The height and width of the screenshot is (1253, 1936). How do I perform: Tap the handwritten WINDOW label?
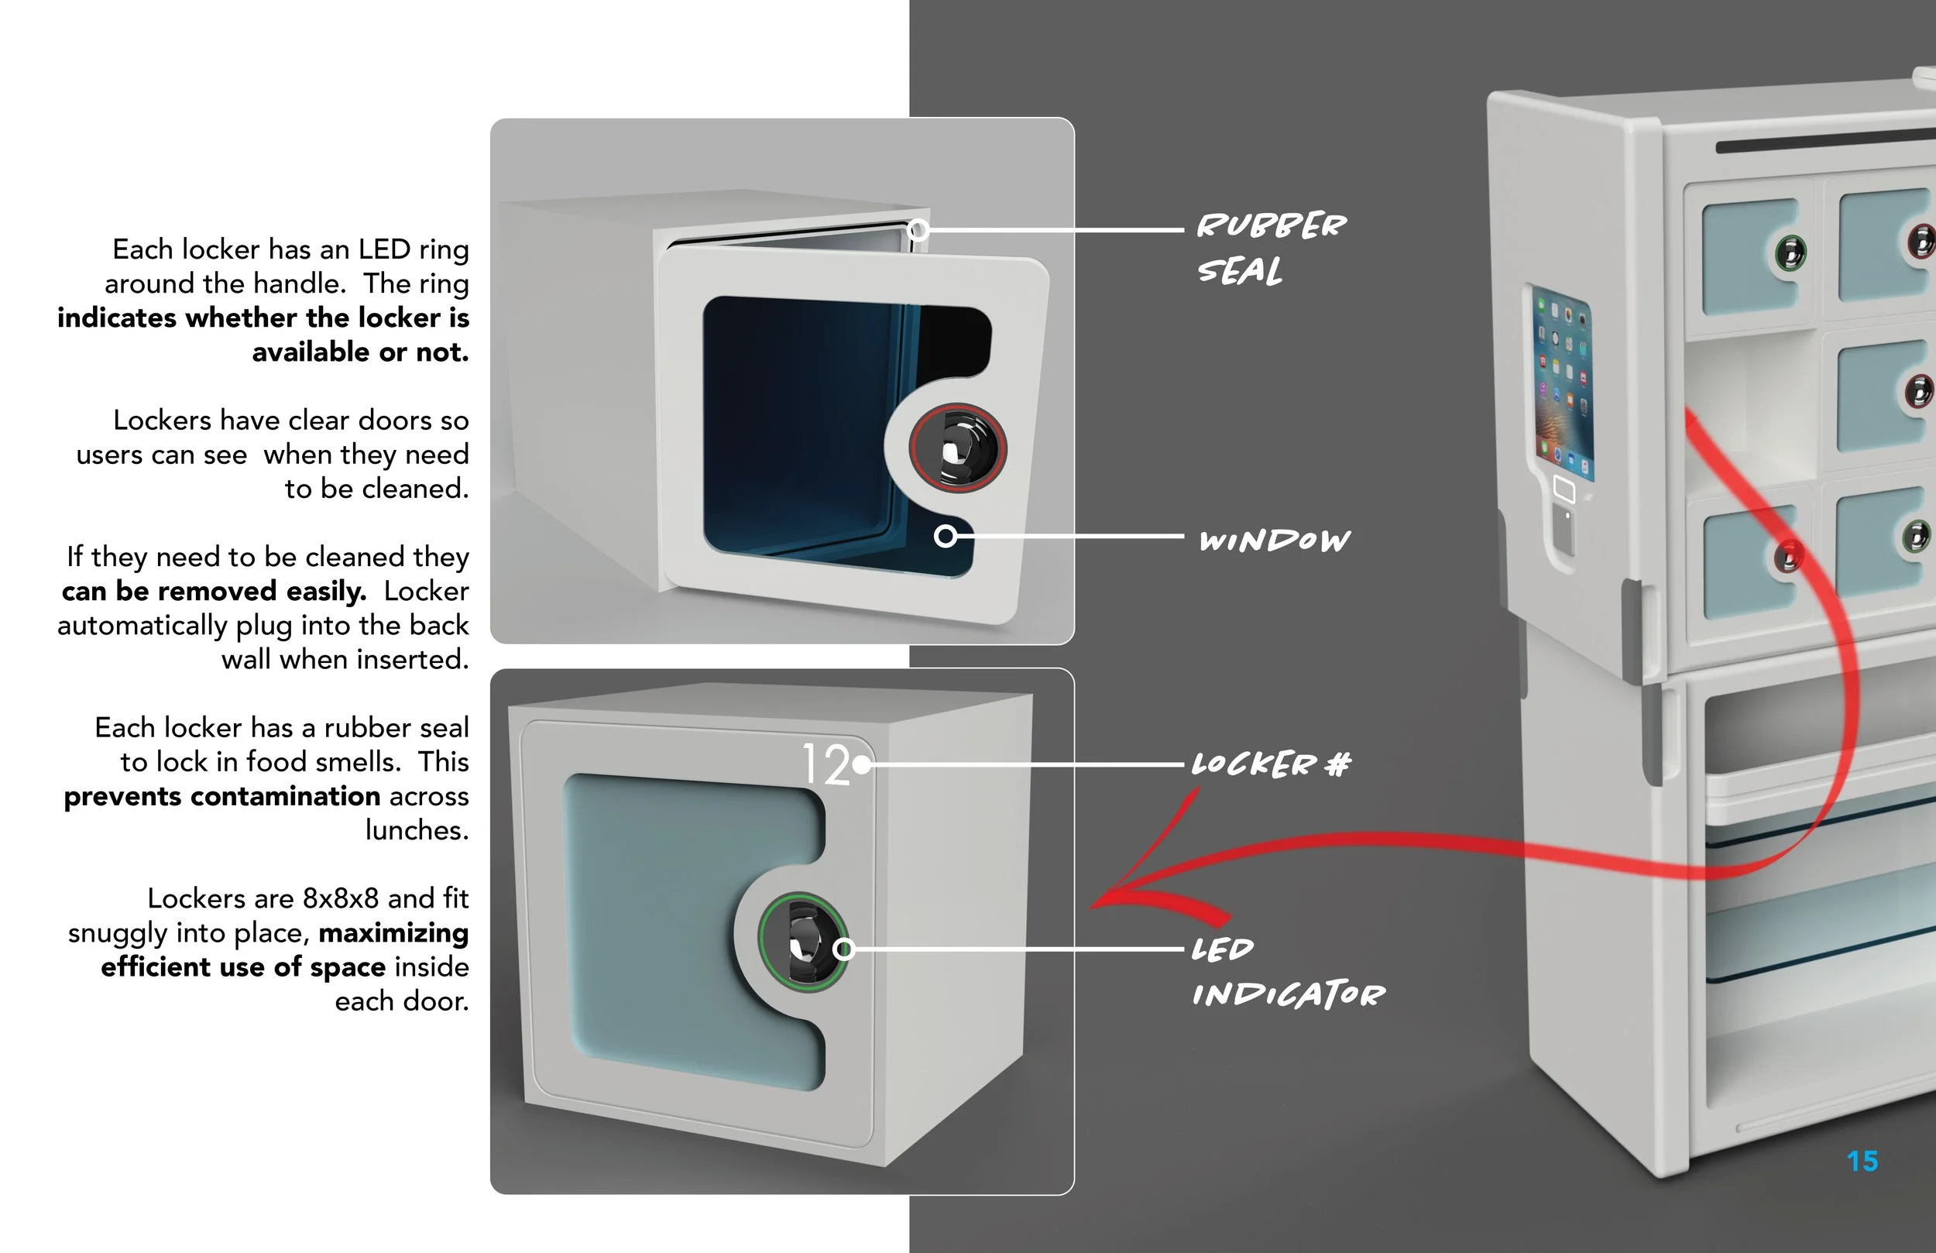[x=1274, y=541]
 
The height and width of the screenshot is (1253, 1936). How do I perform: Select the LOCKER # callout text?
[x=1270, y=764]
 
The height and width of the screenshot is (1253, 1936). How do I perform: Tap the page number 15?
[x=1861, y=1161]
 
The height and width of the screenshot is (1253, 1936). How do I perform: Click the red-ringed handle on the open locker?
[x=957, y=448]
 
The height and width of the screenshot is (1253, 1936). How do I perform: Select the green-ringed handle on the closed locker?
[x=804, y=942]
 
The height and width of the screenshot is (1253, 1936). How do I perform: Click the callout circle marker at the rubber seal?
[x=918, y=230]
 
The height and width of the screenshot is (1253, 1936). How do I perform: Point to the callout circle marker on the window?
[x=945, y=536]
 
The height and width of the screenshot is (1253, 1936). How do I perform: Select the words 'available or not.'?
[x=359, y=352]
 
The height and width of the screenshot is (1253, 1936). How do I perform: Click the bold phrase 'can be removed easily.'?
[x=214, y=592]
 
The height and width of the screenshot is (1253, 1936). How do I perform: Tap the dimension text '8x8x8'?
[x=340, y=898]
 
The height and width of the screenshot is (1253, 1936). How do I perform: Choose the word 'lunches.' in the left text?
[x=417, y=831]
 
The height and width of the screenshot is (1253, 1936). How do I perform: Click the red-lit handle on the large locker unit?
[x=1787, y=556]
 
